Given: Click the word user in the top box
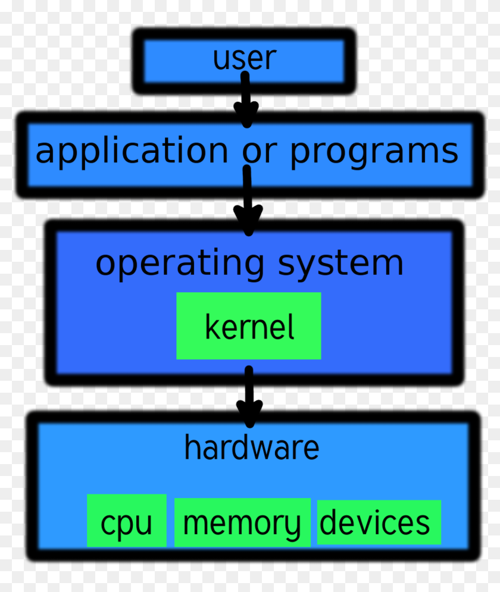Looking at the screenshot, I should (244, 59).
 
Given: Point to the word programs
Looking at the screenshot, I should (374, 152).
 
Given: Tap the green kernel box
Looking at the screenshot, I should (248, 325).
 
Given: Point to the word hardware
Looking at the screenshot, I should (251, 447).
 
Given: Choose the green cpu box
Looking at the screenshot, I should (126, 521).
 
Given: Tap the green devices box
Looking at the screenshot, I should (379, 522).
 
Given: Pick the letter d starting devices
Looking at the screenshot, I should (327, 521).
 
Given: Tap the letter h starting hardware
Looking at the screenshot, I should (190, 447).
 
